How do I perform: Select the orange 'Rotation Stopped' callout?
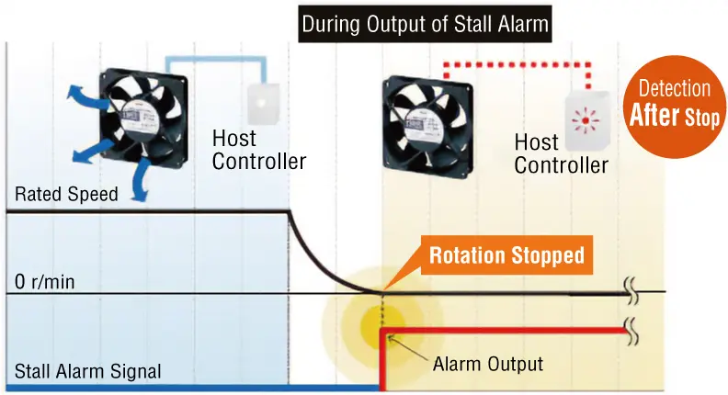[x=506, y=254]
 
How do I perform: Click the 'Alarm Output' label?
[x=487, y=365]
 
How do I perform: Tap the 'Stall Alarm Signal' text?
[x=87, y=371]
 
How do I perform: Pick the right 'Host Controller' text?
[x=561, y=153]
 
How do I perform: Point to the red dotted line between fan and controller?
[x=515, y=65]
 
